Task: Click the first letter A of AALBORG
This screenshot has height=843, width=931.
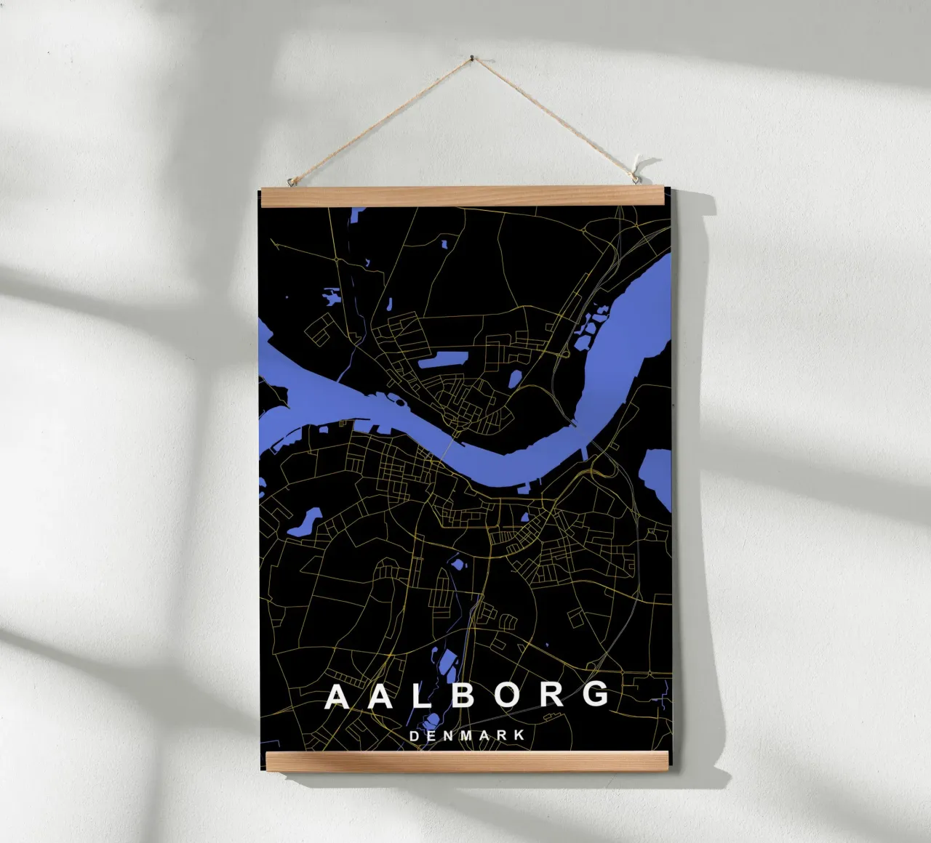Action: point(338,695)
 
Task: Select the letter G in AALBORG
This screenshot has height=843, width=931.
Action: point(596,695)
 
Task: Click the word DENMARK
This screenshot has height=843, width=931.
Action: point(467,735)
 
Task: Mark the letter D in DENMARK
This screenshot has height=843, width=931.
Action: point(414,735)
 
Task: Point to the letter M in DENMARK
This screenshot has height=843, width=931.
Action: point(466,735)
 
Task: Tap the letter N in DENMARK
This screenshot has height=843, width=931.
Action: point(448,735)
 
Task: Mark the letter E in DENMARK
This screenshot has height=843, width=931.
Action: point(431,735)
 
